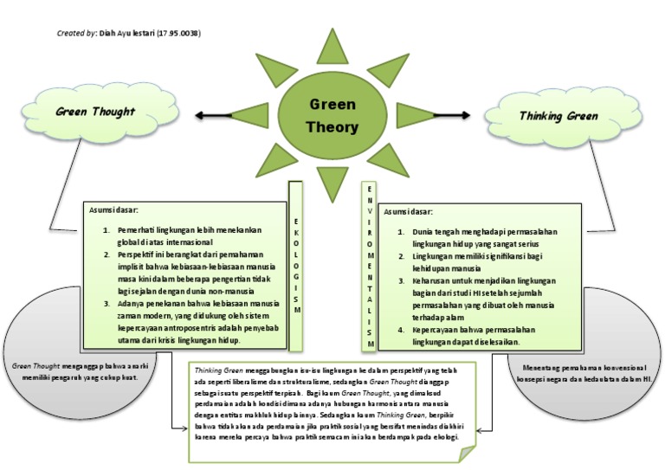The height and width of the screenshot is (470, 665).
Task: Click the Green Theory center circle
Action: tap(332, 115)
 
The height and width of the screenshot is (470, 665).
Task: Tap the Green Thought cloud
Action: tap(95, 113)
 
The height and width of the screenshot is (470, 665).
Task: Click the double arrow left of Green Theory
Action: tap(228, 114)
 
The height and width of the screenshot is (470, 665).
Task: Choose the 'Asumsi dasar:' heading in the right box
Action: tap(409, 211)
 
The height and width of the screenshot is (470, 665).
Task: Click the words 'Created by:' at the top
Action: tap(77, 33)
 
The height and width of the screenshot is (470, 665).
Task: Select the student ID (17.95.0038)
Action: tap(178, 33)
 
